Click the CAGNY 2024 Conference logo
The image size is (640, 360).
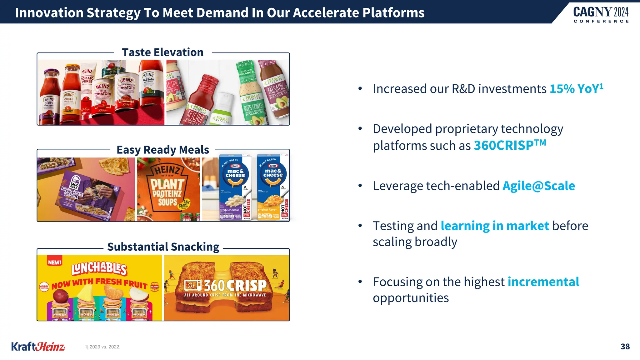coord(601,14)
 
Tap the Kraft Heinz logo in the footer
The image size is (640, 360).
coord(38,347)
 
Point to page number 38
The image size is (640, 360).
coord(625,347)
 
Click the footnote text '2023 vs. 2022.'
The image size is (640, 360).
coord(104,347)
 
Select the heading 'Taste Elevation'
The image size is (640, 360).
coord(162,52)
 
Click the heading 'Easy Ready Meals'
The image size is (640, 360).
coord(162,150)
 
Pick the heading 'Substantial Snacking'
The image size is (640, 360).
coord(163,247)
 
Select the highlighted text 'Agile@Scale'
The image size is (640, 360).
coord(538,186)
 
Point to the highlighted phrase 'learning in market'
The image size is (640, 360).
coord(495,226)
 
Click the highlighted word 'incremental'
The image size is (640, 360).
coord(543,282)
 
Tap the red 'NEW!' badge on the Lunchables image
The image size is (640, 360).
coord(54,262)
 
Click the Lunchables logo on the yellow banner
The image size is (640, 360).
coord(99,269)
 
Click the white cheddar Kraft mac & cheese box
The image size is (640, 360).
coord(235,187)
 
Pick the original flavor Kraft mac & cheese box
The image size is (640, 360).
coord(272,187)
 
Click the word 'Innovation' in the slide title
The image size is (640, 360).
coord(48,13)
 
